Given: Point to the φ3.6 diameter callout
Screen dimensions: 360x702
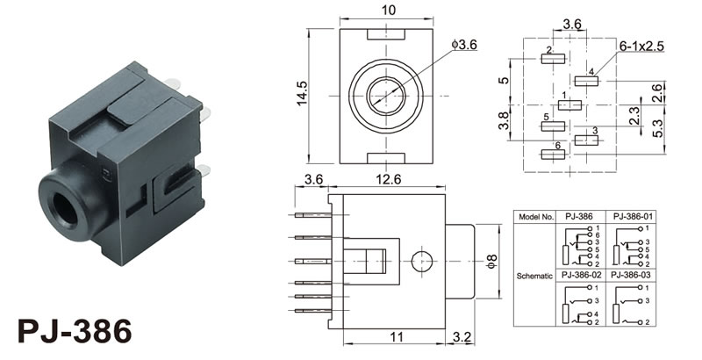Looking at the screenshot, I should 462,45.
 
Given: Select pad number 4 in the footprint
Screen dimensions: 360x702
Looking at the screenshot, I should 586,81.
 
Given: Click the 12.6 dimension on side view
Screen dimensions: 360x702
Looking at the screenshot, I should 387,180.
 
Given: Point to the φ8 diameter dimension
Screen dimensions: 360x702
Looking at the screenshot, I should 491,261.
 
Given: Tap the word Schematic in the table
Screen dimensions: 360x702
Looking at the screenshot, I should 534,275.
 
